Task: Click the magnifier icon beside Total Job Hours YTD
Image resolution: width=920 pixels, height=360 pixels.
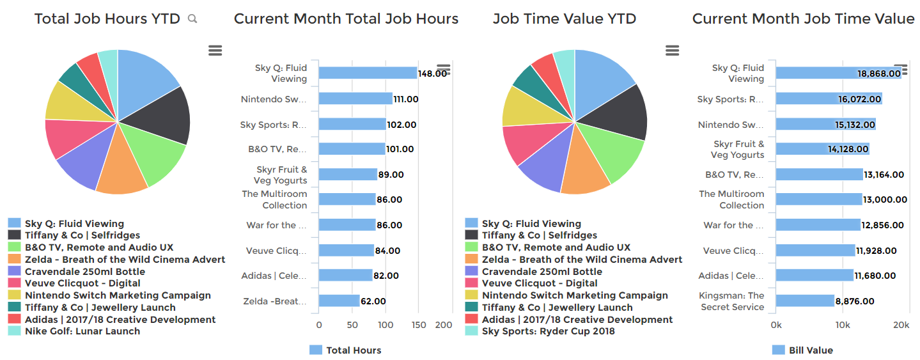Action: coord(192,19)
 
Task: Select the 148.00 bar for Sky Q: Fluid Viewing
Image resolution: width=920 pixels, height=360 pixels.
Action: coord(368,73)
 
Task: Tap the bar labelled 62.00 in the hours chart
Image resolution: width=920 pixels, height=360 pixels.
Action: coord(339,301)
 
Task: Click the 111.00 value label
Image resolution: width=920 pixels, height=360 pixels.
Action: coord(406,99)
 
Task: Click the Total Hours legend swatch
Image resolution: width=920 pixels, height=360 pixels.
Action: coord(316,350)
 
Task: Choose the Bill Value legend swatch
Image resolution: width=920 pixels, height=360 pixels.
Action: coord(778,350)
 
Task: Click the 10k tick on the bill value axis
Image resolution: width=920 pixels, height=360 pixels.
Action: coord(843,325)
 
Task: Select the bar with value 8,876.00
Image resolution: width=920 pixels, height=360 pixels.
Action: coord(805,301)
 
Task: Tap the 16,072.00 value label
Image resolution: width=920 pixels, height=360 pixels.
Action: coord(861,99)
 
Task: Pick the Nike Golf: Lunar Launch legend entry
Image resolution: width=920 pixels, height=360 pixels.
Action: coord(82,331)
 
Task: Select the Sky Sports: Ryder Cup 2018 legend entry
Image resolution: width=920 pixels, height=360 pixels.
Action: coord(548,331)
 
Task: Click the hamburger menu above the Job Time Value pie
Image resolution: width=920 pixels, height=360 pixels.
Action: coord(672,51)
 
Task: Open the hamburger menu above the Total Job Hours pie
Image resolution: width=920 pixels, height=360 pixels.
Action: coord(215,51)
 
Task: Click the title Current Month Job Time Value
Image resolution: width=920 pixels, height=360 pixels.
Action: coord(803,19)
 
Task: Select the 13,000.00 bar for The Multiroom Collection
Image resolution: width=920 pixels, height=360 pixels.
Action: coord(819,200)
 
